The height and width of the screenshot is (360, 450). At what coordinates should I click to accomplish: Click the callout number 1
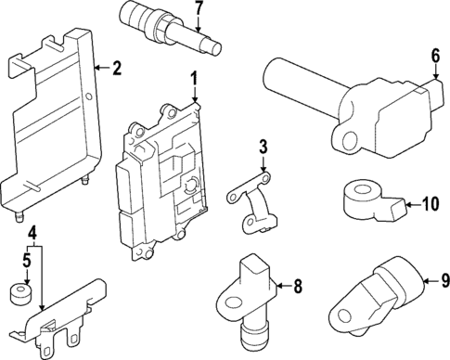click(x=194, y=79)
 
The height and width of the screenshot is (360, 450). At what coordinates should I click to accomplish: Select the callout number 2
click(x=116, y=68)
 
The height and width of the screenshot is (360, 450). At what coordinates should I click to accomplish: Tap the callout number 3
click(x=263, y=148)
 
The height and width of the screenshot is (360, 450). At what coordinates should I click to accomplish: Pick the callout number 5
click(x=27, y=261)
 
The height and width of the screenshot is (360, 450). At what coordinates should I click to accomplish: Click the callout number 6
click(x=435, y=57)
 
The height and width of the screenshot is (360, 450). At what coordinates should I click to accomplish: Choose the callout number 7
click(x=198, y=8)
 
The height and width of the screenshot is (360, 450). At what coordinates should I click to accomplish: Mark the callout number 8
click(x=298, y=286)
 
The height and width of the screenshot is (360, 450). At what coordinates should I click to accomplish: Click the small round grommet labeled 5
click(x=21, y=292)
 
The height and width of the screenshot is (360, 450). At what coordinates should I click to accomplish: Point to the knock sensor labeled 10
click(x=373, y=201)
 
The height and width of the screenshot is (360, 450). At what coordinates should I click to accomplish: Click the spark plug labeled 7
click(x=170, y=28)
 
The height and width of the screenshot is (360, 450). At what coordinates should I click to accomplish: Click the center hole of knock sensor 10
click(x=364, y=189)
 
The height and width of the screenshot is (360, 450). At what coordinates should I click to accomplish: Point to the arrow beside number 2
click(x=101, y=68)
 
